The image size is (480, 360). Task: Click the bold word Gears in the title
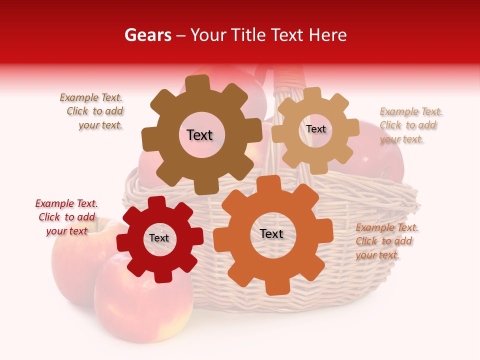[147, 35]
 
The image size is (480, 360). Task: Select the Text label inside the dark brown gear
[199, 135]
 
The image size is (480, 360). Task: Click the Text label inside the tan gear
[315, 129]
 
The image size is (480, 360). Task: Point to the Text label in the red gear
[159, 238]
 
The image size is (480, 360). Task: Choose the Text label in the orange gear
[271, 233]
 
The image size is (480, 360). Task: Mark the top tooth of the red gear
[156, 203]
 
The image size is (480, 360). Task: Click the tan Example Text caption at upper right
[410, 125]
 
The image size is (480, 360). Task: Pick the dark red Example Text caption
[67, 217]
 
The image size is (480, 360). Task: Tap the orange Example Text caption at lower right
[386, 241]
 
